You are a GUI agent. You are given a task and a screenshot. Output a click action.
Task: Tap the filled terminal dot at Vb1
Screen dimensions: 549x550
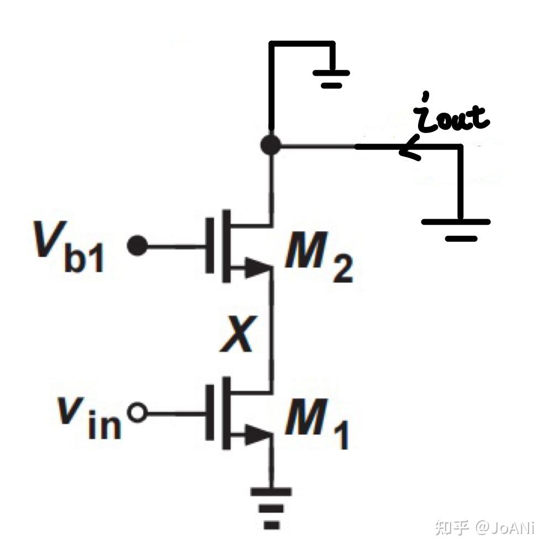coord(137,246)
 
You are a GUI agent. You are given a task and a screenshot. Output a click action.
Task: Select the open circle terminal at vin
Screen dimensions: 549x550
coord(137,413)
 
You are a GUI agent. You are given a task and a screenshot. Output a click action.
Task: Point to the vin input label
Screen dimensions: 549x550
coord(89,417)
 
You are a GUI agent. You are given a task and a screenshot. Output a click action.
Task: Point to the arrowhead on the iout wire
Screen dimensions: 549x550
coord(410,148)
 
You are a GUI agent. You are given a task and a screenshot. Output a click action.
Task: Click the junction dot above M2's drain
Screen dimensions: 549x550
coord(271,145)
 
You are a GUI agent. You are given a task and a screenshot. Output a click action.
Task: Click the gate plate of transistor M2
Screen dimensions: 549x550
coord(210,246)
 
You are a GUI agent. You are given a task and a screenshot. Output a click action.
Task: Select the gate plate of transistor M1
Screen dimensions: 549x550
coord(210,412)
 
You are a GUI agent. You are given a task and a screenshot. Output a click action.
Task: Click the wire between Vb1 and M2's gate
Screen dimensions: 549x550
coord(176,247)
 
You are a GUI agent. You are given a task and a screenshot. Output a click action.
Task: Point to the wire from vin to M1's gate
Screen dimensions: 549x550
coord(176,414)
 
